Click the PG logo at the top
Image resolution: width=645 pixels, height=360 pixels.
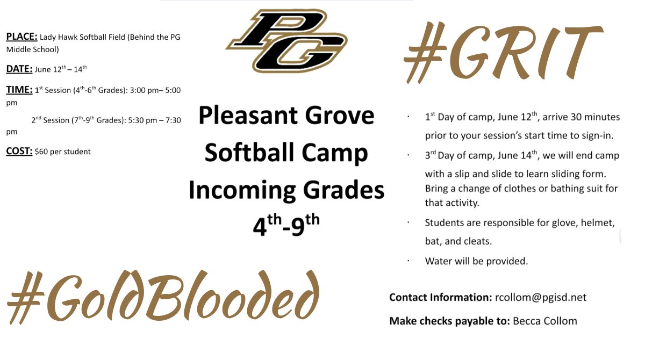pyautogui.click(x=286, y=40)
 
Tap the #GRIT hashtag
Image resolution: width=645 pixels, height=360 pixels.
pyautogui.click(x=502, y=52)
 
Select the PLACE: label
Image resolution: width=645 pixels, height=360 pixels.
pyautogui.click(x=21, y=37)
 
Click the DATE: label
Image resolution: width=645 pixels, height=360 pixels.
pyautogui.click(x=19, y=69)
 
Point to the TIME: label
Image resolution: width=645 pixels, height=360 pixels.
pyautogui.click(x=19, y=90)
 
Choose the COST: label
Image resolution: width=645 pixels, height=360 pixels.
pyautogui.click(x=19, y=152)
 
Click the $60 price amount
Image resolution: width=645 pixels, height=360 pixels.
pyautogui.click(x=41, y=152)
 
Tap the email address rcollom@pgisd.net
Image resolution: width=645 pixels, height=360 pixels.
pyautogui.click(x=540, y=297)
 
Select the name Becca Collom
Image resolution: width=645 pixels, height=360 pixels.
pyautogui.click(x=545, y=321)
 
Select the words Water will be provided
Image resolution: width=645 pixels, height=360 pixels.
pyautogui.click(x=476, y=261)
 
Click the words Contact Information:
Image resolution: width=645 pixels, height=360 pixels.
pyautogui.click(x=439, y=297)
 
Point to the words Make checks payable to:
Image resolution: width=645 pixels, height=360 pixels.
pyautogui.click(x=449, y=321)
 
